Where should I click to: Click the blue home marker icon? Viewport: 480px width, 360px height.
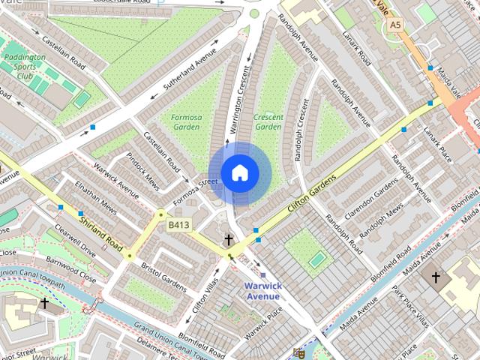tap(239, 173)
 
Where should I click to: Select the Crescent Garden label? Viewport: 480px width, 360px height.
tap(268, 122)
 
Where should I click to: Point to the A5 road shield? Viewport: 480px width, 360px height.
tap(395, 25)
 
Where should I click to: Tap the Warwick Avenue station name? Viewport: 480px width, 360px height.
tap(262, 290)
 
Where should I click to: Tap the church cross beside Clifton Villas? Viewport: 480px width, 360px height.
tap(229, 240)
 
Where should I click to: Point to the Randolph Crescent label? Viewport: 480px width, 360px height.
tap(303, 130)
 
